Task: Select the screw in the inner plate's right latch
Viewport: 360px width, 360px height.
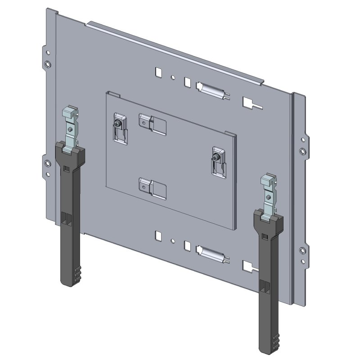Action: [217, 157]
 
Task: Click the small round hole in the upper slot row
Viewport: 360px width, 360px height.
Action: [173, 77]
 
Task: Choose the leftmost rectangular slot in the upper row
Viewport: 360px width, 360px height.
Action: [157, 72]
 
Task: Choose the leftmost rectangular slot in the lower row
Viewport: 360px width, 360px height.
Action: [157, 235]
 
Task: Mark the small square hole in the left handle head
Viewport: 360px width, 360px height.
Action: [67, 168]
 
